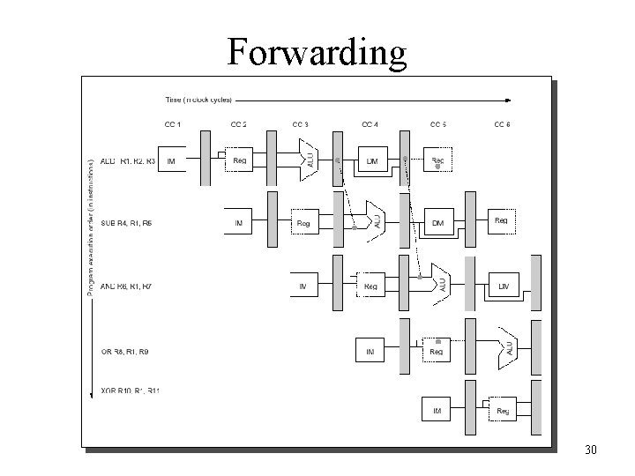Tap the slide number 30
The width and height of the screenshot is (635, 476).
(x=591, y=450)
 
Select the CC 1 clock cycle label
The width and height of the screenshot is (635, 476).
(x=173, y=124)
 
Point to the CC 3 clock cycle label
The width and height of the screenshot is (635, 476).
(x=300, y=124)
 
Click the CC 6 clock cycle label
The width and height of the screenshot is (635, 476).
(x=501, y=124)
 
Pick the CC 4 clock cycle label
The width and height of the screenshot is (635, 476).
(x=370, y=124)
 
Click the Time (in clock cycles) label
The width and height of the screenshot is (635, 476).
(x=199, y=98)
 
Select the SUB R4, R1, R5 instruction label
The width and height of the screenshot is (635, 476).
(x=126, y=224)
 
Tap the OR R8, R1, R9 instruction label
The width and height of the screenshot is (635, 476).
(x=126, y=352)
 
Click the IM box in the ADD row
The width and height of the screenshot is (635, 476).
(x=171, y=161)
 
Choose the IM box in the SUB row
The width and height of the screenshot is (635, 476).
(x=238, y=224)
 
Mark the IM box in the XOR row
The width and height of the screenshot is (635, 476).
(x=437, y=411)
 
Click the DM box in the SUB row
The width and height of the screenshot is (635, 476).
(x=437, y=224)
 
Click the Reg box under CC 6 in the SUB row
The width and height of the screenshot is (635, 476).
(x=501, y=221)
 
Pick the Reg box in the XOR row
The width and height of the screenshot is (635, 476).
(x=503, y=411)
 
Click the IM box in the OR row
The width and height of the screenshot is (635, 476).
(x=370, y=351)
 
